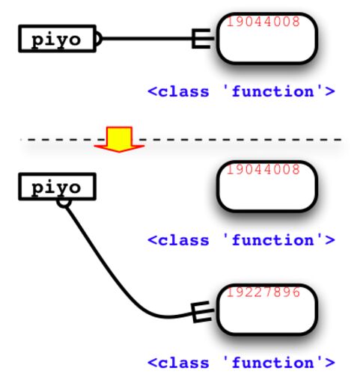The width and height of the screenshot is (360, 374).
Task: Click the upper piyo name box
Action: click(57, 39)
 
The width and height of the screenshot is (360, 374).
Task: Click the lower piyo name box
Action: click(57, 186)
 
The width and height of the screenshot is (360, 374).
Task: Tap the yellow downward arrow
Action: click(119, 139)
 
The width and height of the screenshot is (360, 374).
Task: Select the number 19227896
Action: click(263, 292)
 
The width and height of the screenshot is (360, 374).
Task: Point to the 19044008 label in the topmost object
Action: click(263, 22)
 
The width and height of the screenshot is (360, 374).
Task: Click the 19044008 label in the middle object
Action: click(263, 170)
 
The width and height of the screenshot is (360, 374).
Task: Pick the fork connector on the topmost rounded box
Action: click(203, 38)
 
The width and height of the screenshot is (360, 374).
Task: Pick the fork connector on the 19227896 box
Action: click(202, 312)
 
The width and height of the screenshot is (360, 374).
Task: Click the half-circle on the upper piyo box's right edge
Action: click(99, 39)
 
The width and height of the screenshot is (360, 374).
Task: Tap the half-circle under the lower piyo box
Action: click(64, 203)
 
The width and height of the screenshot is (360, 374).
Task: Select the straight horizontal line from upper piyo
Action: click(147, 38)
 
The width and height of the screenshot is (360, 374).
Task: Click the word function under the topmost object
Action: click(273, 91)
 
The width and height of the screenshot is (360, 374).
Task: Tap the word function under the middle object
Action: click(273, 240)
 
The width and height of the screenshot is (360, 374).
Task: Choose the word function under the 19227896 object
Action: click(273, 363)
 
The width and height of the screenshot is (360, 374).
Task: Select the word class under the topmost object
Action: click(183, 91)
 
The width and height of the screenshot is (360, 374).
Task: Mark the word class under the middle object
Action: click(183, 240)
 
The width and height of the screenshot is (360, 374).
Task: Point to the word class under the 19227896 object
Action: click(183, 363)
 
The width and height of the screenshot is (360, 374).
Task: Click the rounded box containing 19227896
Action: click(267, 309)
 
